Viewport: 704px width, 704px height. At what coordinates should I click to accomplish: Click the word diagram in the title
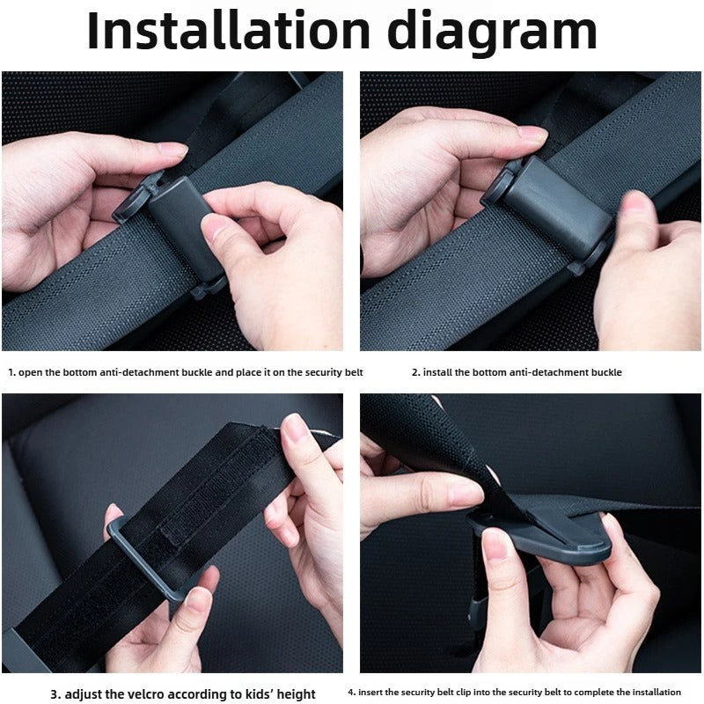point(493,33)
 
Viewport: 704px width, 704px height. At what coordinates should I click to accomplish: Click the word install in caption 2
point(437,372)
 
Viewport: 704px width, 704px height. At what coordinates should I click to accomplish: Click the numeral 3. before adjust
point(55,694)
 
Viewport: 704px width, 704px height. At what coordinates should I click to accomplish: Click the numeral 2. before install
point(415,372)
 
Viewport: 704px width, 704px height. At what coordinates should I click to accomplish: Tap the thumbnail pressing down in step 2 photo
point(635,206)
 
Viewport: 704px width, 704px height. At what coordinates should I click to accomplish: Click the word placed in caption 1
point(245,372)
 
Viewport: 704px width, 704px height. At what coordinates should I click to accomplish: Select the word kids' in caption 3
point(249,694)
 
